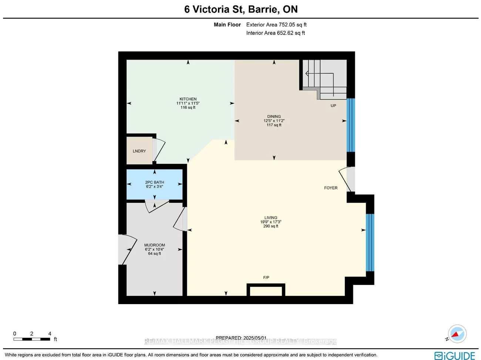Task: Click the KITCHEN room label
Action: (188, 99)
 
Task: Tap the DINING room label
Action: (274, 117)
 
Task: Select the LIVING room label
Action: (270, 218)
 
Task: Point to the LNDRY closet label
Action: (139, 151)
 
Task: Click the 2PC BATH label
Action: (154, 182)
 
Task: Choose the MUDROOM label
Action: (154, 245)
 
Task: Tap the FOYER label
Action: (330, 188)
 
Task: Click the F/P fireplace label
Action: (266, 277)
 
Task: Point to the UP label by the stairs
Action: (333, 106)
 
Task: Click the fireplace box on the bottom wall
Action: (266, 290)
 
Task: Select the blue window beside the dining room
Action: (350, 125)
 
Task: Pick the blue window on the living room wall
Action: (370, 242)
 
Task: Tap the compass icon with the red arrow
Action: (457, 334)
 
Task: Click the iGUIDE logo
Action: (454, 356)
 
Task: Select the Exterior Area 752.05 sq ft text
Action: (276, 25)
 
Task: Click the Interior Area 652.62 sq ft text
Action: (276, 33)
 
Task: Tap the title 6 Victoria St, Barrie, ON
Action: (241, 9)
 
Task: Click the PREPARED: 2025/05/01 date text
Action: (241, 338)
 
